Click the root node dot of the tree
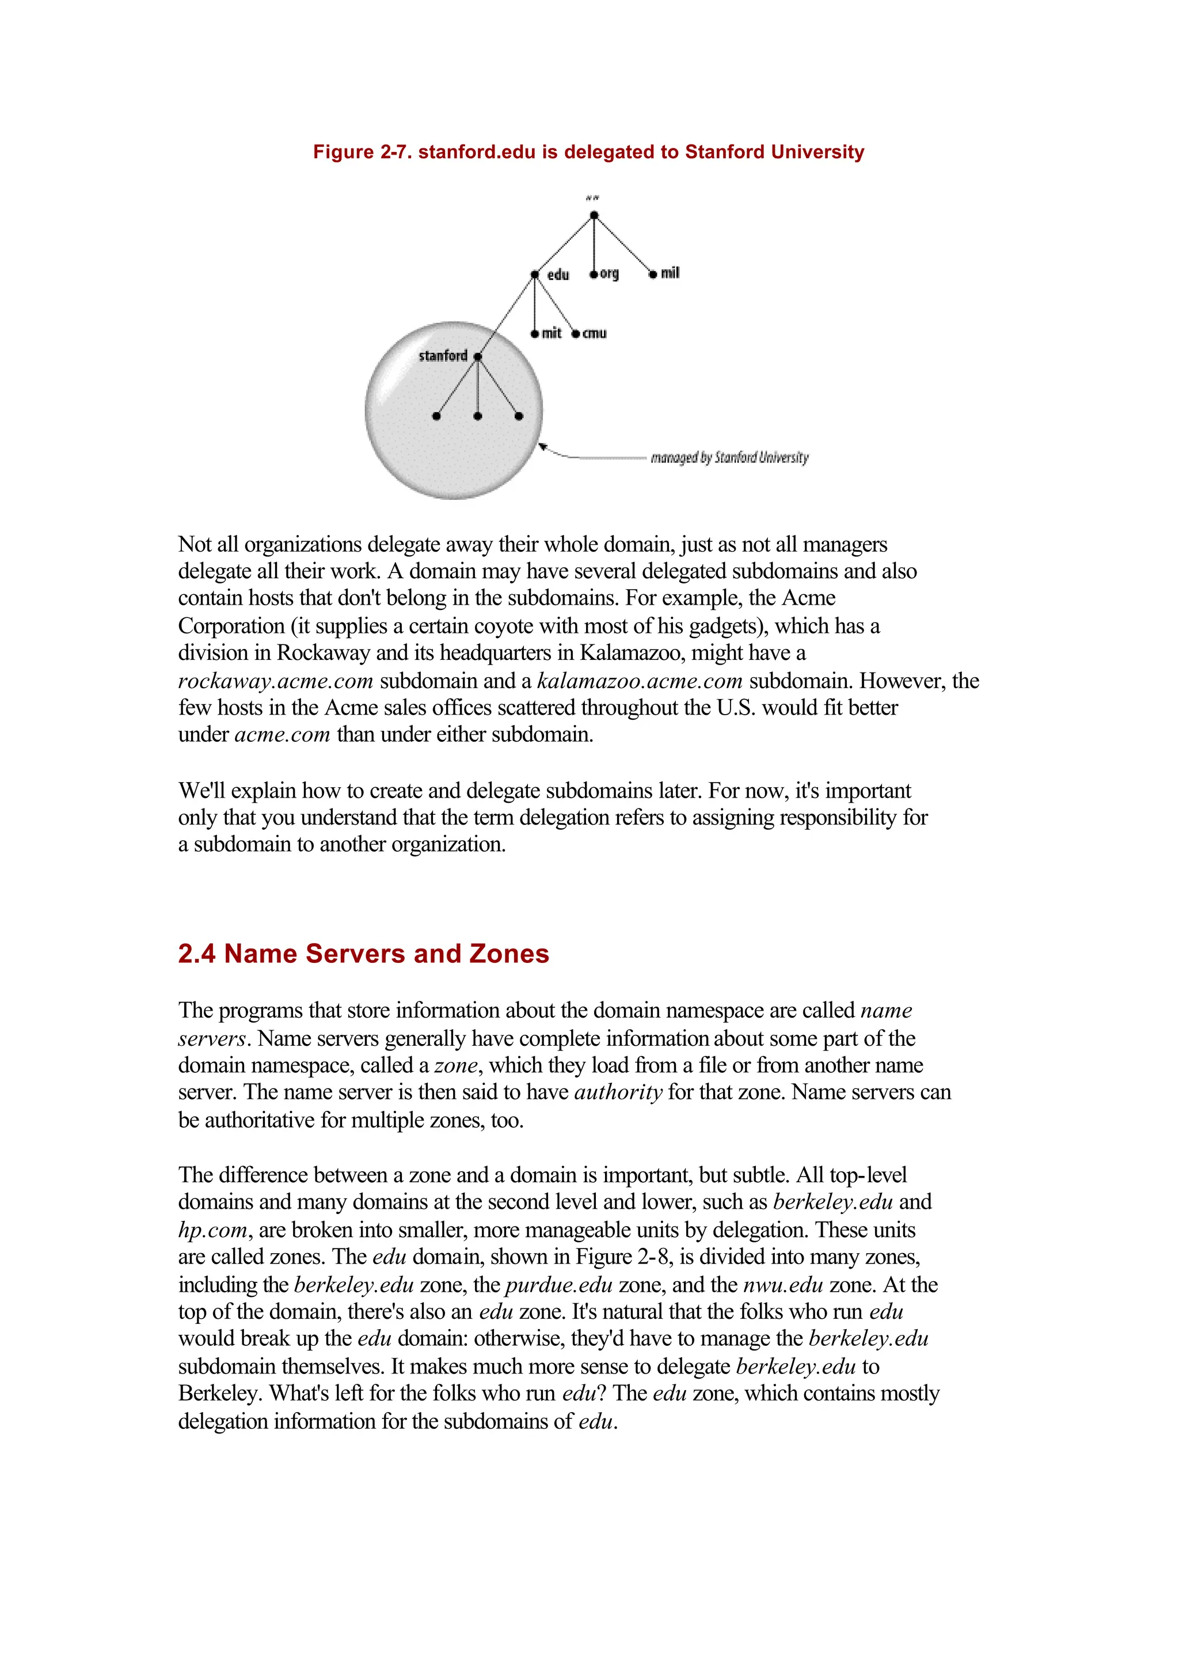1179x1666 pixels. point(594,215)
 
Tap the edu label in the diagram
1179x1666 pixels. point(558,275)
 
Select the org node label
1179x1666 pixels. point(609,273)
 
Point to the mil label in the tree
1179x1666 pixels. point(670,273)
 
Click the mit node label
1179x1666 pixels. point(551,333)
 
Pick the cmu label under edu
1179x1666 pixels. point(594,333)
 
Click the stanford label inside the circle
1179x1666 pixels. point(443,355)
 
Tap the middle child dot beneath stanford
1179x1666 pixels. point(477,416)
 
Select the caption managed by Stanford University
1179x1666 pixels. point(729,458)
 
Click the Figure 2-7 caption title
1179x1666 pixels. point(588,152)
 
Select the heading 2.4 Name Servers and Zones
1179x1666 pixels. point(364,954)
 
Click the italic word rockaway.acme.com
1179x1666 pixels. point(276,681)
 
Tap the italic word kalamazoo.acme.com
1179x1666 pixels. point(640,681)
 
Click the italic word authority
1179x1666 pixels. point(618,1092)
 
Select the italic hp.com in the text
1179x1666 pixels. point(212,1230)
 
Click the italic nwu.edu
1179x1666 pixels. point(782,1285)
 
